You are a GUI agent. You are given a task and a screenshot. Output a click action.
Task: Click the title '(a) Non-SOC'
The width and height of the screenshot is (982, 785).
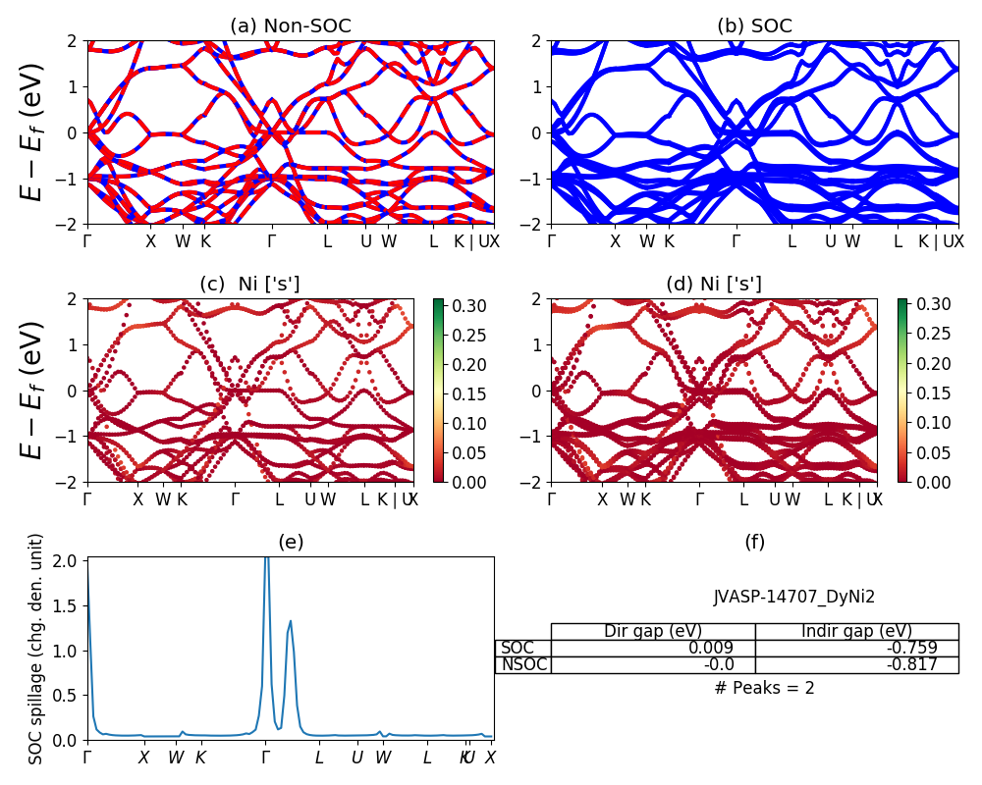(x=291, y=26)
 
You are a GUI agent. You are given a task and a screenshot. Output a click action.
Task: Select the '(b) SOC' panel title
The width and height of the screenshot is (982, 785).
(x=754, y=26)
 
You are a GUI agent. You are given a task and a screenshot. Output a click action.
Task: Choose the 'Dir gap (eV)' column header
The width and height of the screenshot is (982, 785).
(x=653, y=631)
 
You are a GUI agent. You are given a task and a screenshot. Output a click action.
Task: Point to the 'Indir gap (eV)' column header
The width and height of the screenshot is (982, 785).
(x=856, y=631)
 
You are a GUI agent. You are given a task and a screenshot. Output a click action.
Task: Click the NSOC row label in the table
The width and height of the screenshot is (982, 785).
(x=523, y=664)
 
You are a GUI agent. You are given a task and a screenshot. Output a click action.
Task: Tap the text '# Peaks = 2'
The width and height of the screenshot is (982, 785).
(x=764, y=688)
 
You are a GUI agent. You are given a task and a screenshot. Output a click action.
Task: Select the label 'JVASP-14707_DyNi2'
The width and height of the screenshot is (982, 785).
(x=793, y=597)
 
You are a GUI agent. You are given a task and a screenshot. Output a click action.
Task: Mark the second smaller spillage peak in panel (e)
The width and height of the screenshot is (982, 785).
(x=291, y=621)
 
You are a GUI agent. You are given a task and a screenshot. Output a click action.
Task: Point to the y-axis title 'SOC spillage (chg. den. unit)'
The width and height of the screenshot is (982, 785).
(x=36, y=649)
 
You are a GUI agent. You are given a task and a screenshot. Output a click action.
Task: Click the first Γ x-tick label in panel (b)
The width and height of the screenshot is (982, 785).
(x=552, y=241)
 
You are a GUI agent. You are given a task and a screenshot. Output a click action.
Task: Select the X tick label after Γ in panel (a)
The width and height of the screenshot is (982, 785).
(x=150, y=241)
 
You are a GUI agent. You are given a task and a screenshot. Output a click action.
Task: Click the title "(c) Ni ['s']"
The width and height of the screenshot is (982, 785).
(x=249, y=285)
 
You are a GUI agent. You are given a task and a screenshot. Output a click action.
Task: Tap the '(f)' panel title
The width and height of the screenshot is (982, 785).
(x=754, y=542)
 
